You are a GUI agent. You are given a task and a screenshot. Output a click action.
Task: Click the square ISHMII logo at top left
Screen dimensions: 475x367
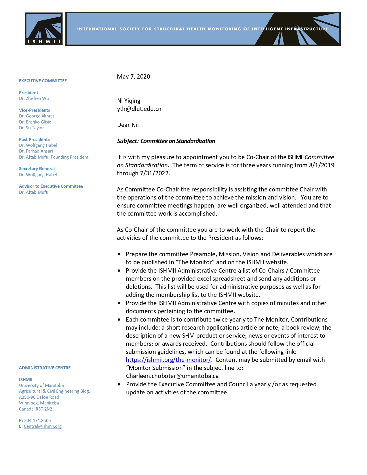[x=44, y=29]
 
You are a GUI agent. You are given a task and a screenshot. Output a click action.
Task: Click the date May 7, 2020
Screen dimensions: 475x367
[x=134, y=77]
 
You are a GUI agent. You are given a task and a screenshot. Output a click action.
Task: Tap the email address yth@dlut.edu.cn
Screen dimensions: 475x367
[x=139, y=109]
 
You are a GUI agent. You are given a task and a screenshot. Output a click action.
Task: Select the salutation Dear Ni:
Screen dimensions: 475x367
[x=128, y=125]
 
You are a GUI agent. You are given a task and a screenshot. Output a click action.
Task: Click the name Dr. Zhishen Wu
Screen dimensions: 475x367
[x=34, y=98]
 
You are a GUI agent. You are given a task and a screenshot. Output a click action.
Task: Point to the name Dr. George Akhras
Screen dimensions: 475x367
[x=37, y=116]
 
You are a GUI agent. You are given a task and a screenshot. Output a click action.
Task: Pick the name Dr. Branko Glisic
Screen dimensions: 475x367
[x=35, y=122]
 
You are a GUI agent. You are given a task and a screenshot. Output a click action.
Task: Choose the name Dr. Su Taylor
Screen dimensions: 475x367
[x=32, y=128]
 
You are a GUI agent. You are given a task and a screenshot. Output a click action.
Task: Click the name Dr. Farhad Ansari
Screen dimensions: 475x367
[x=36, y=151]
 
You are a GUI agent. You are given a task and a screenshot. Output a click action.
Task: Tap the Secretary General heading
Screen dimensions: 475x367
[x=37, y=169]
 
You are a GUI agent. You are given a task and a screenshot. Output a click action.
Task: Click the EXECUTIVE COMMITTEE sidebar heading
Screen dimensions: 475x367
[x=43, y=81]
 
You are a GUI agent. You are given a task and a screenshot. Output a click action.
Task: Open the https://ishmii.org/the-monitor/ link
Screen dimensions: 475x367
[x=168, y=360]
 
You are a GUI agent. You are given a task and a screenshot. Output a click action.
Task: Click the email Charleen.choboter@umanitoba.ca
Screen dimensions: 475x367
[x=172, y=376]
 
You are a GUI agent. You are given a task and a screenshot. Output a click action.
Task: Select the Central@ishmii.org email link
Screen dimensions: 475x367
[x=43, y=426]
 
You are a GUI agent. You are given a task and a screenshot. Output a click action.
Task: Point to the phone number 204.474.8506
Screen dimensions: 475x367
[x=37, y=421]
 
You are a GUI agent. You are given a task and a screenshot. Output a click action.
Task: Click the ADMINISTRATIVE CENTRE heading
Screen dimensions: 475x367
[x=45, y=368]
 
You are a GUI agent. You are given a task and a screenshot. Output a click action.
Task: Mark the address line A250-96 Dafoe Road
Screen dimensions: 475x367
[x=39, y=397]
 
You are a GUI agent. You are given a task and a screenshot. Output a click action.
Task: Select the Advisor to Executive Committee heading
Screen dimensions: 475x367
[x=51, y=186]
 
